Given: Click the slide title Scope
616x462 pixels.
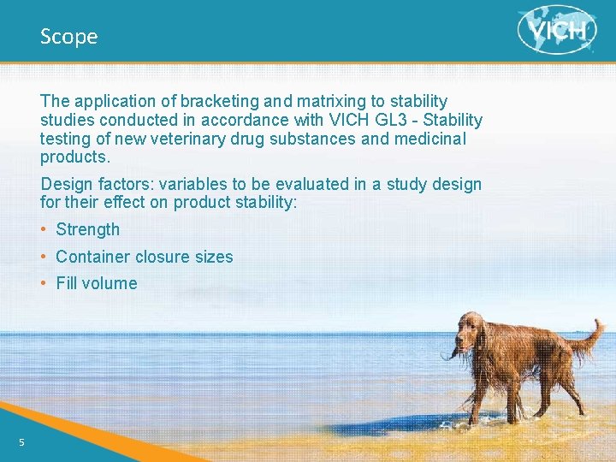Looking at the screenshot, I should [x=68, y=37].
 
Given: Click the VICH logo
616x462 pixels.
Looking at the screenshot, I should [x=557, y=30].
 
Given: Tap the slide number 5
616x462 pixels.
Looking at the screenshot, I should [x=22, y=441].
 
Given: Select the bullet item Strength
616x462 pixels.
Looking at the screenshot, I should [x=87, y=229].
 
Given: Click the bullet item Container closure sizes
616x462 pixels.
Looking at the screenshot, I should [x=144, y=257].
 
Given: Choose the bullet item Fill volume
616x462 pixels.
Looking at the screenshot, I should [x=96, y=283].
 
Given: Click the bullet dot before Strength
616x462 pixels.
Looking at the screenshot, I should [x=44, y=229].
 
